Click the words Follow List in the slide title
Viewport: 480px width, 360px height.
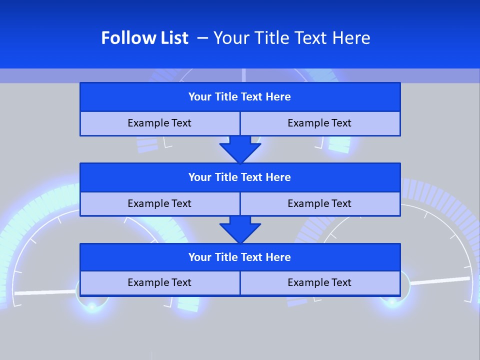point(144,38)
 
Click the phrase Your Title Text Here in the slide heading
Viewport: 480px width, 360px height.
point(291,38)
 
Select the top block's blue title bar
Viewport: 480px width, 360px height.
point(240,97)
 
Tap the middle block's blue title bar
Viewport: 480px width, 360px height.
point(240,177)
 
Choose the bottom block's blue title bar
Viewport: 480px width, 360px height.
point(240,257)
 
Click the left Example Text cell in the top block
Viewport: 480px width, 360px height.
point(159,123)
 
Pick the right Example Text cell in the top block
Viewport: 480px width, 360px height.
point(319,123)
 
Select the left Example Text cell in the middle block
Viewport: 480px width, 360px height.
point(159,203)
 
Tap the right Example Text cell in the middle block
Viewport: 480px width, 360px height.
point(319,203)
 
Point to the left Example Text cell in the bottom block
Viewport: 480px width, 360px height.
point(159,282)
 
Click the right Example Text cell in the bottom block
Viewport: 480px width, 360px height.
point(319,282)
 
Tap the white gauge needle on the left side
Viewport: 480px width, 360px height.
point(45,292)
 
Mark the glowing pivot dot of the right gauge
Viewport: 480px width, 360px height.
point(392,300)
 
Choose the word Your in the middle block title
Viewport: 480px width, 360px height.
point(200,177)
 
